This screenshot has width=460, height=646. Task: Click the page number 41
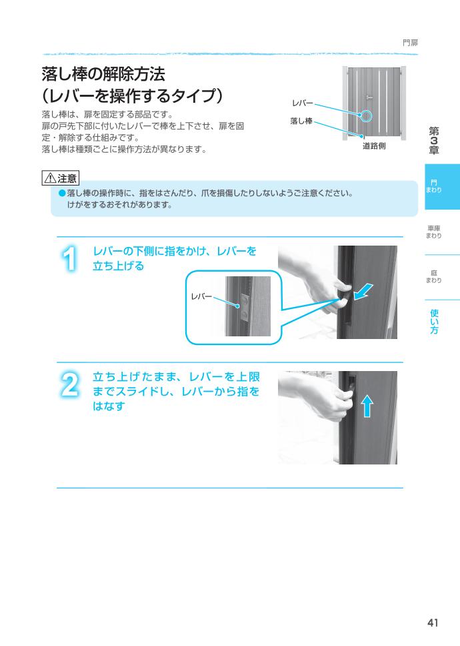click(433, 623)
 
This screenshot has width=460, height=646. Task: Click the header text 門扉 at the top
click(410, 43)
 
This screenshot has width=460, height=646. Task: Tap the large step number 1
click(70, 259)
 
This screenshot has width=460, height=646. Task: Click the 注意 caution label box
click(59, 178)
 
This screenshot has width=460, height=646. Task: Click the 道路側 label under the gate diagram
click(374, 146)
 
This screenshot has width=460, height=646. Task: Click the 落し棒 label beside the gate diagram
click(301, 121)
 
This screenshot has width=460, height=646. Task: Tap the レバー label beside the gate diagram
click(302, 103)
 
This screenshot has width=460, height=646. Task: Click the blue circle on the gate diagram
click(368, 116)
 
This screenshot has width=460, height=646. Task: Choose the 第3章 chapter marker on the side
click(433, 141)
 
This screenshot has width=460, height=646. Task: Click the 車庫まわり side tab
click(433, 232)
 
